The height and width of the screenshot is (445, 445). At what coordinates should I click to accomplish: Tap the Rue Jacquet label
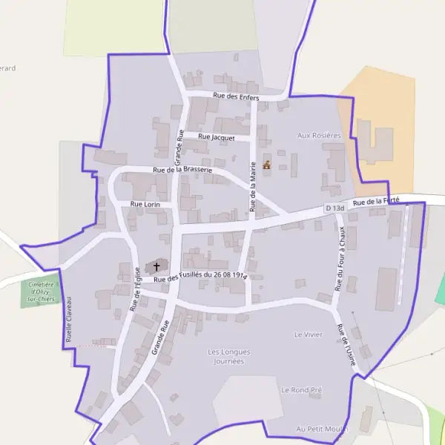(217, 137)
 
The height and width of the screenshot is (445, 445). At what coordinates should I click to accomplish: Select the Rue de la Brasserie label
(182, 170)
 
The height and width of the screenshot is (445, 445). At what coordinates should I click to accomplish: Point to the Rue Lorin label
(145, 203)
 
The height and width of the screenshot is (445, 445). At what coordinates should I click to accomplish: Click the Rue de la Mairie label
(253, 186)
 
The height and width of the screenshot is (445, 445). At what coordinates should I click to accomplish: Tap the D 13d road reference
(335, 208)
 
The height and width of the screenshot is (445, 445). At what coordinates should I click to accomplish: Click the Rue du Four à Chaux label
(340, 258)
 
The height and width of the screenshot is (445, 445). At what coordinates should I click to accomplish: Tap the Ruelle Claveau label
(69, 320)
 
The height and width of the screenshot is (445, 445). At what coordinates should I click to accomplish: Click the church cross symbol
(156, 266)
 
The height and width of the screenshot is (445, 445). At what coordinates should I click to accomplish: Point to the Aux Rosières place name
(319, 136)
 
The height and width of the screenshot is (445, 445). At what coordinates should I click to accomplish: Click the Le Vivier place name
(309, 334)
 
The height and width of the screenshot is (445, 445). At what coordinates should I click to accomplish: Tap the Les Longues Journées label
(225, 356)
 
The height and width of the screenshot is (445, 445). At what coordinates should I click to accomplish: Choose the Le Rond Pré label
(301, 389)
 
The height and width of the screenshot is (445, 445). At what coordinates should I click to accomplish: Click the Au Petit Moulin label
(320, 429)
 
